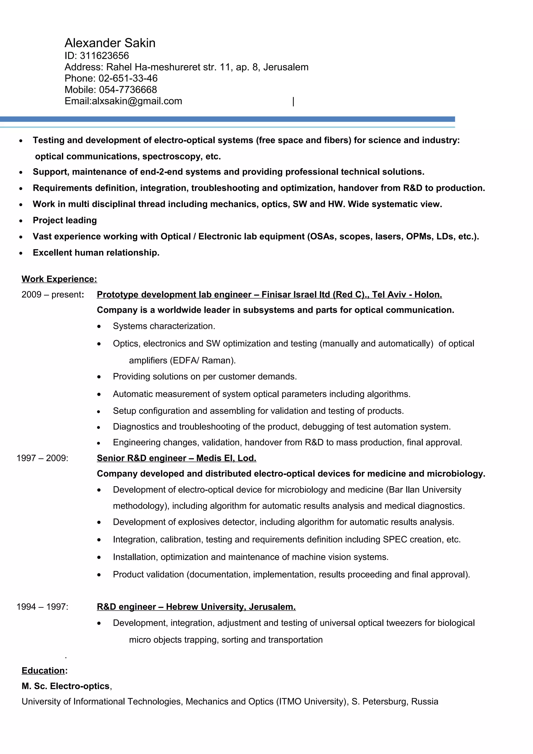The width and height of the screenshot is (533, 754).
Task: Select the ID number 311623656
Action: point(104,55)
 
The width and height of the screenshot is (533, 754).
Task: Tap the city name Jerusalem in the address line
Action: point(286,67)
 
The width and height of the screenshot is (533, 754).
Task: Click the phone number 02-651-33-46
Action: point(128,78)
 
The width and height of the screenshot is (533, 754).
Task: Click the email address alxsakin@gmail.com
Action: point(137,101)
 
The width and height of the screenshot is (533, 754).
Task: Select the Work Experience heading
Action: point(59,279)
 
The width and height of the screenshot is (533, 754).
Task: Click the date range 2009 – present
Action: point(52,294)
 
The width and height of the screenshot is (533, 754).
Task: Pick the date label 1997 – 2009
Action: point(42,458)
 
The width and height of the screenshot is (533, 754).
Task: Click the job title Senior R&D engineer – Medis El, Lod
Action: point(176,458)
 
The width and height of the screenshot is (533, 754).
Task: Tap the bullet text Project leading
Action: point(65,220)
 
